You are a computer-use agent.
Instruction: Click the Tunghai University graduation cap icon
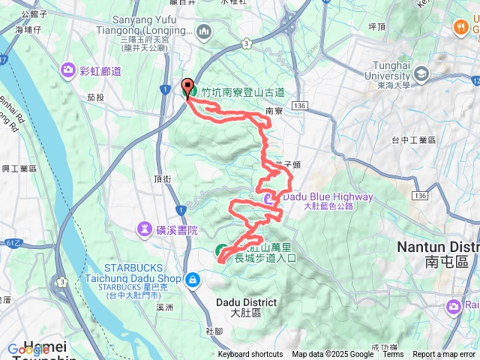point(421,73)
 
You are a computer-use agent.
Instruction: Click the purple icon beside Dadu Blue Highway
point(269,199)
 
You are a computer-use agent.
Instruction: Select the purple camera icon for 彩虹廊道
point(69,70)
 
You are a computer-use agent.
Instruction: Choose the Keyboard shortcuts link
point(250,355)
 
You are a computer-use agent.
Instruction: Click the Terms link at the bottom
point(394,355)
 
